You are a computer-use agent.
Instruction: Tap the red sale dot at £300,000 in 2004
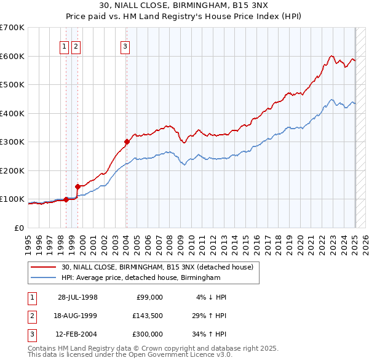pyautogui.click(x=127, y=142)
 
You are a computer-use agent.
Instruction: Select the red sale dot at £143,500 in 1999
pyautogui.click(x=78, y=186)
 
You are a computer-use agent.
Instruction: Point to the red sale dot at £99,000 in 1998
pyautogui.click(x=66, y=199)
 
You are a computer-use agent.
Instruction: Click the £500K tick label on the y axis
pyautogui.click(x=12, y=84)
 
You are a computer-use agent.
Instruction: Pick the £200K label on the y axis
pyautogui.click(x=12, y=170)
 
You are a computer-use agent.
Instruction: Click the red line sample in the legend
pyautogui.click(x=44, y=267)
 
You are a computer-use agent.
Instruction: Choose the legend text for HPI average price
pyautogui.click(x=140, y=277)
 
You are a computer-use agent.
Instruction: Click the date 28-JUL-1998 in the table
pyautogui.click(x=77, y=297)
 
